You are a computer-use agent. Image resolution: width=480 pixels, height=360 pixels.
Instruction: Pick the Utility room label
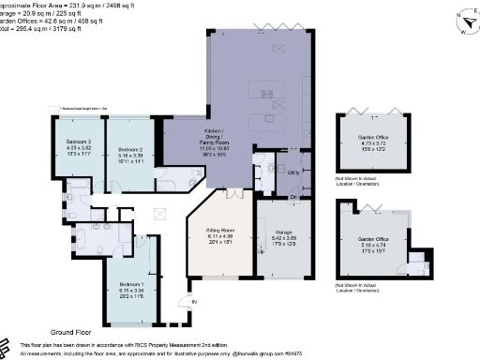[x=294, y=174]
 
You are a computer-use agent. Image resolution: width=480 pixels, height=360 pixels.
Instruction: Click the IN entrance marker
[x=195, y=303]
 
